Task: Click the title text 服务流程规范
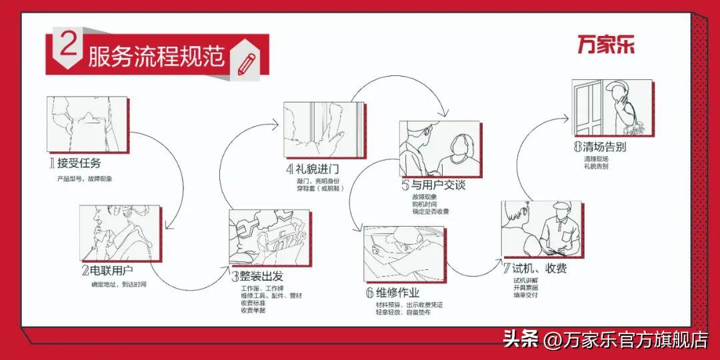click(x=157, y=57)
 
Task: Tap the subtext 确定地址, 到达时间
click(x=118, y=285)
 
